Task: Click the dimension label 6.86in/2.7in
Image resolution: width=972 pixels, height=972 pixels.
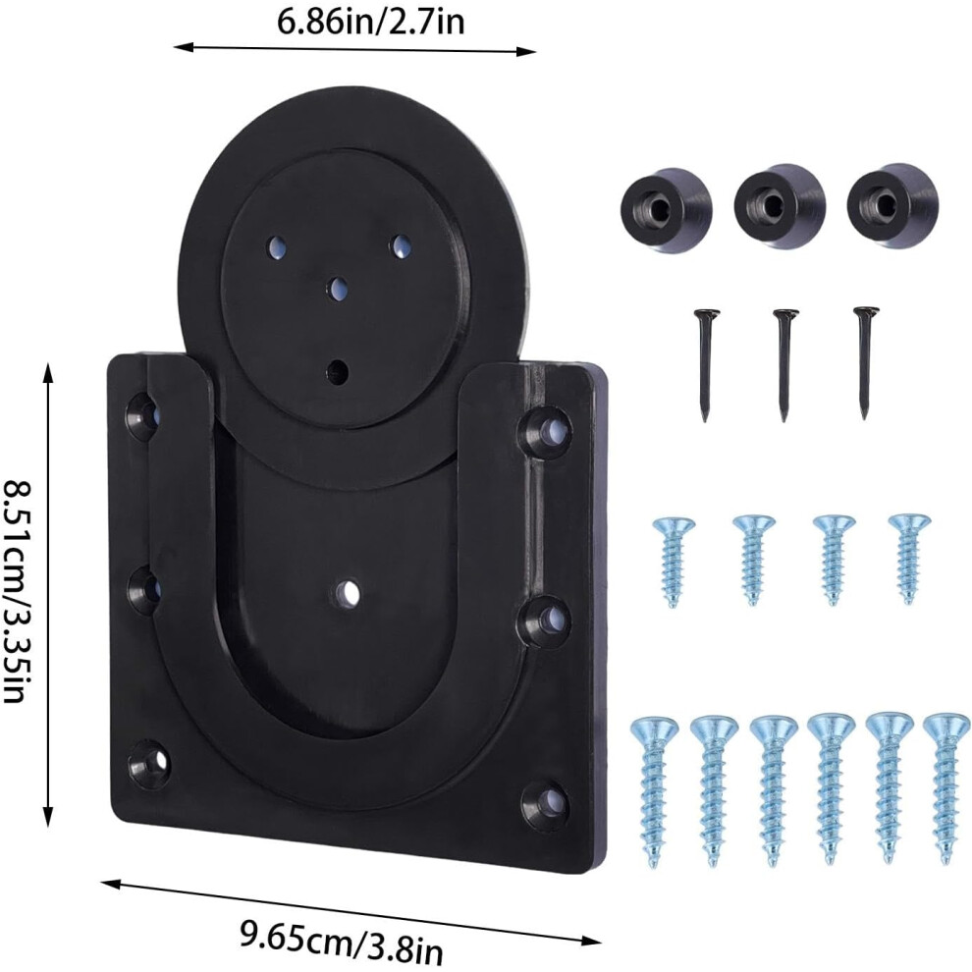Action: tap(370, 23)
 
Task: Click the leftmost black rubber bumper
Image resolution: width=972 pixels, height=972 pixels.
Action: tap(666, 211)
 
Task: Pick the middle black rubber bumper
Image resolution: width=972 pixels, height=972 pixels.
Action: tap(779, 208)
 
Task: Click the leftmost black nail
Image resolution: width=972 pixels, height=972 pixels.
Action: tap(706, 365)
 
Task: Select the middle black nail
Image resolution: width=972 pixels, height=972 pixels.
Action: tap(784, 365)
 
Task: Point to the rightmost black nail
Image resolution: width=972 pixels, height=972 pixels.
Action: tap(865, 362)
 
